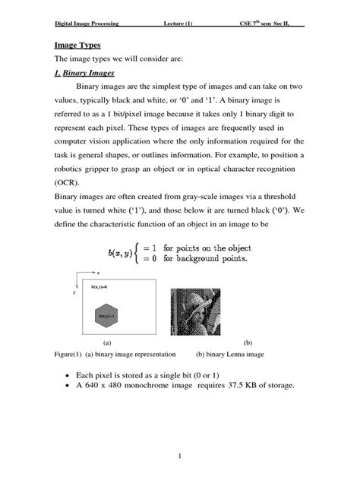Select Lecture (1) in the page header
[x=178, y=24]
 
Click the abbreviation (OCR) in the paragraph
[x=67, y=182]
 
